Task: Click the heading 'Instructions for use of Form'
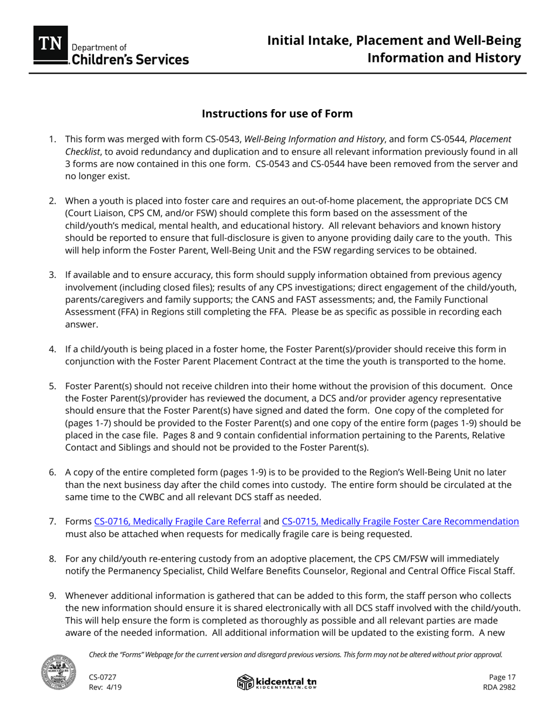[277, 113]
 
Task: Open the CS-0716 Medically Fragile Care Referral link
[177, 521]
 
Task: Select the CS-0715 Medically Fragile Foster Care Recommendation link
[400, 521]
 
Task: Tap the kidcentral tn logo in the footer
[277, 682]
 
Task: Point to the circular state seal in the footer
[58, 672]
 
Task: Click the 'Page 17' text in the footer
[502, 677]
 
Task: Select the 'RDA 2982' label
[500, 687]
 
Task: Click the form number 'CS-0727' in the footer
[103, 677]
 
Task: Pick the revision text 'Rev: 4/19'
[105, 687]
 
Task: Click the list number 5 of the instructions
[53, 386]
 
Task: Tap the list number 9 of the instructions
[53, 595]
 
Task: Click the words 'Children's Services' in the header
[130, 60]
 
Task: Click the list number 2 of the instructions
[53, 201]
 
